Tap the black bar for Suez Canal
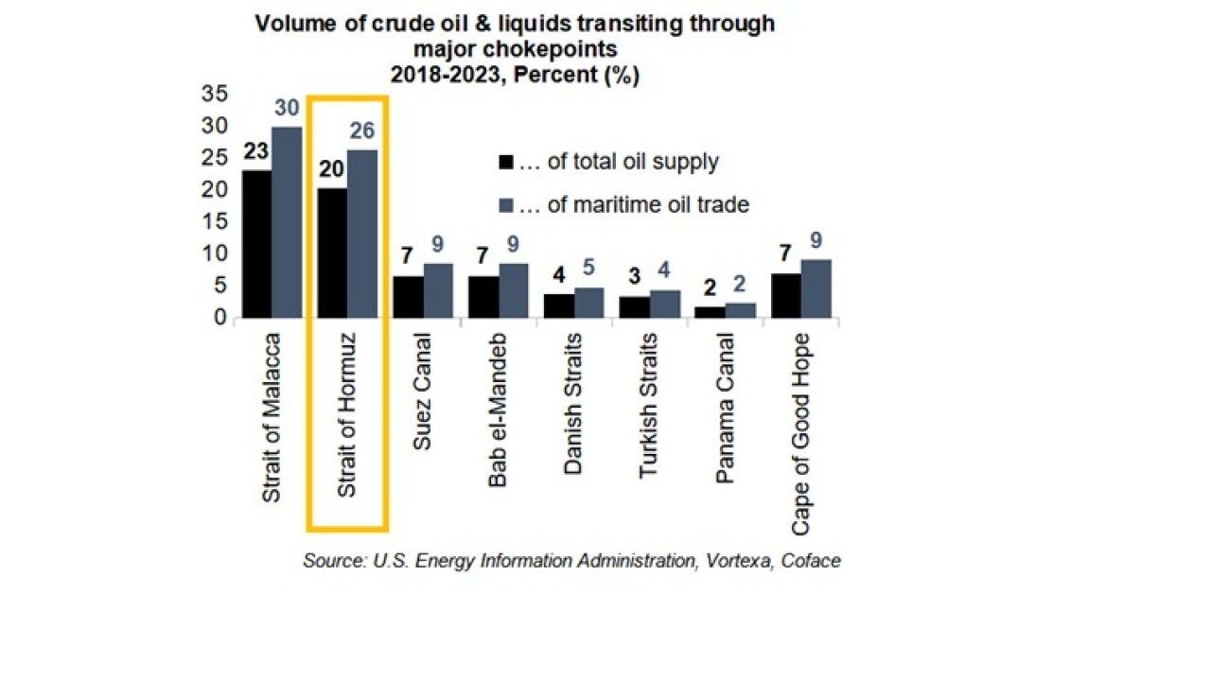pos(409,297)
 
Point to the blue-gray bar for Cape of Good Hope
pos(816,288)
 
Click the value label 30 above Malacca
pos(286,108)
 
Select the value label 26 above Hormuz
pos(362,131)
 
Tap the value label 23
pos(255,151)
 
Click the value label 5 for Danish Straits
pos(588,269)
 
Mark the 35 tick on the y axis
pos(216,94)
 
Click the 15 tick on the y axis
pos(216,221)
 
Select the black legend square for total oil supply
pos(506,163)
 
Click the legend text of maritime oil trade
pos(648,204)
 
